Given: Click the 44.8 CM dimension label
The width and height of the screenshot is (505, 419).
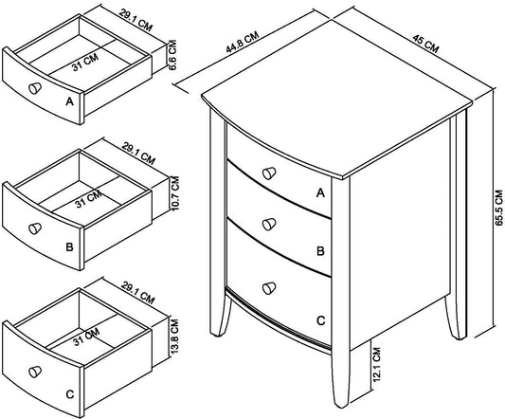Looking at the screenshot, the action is click(243, 42).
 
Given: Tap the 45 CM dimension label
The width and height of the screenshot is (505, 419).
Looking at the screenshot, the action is click(425, 44).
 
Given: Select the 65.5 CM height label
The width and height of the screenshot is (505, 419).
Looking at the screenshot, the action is click(499, 208).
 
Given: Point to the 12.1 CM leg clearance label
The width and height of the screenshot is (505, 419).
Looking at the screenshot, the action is click(376, 364).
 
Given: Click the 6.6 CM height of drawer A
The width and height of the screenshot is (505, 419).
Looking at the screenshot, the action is click(172, 55).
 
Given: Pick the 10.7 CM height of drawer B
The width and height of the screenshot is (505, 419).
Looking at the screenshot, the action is click(175, 193).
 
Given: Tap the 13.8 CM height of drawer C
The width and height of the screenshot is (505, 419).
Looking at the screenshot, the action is click(174, 337).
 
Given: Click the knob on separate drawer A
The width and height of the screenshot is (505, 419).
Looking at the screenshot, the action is click(35, 87).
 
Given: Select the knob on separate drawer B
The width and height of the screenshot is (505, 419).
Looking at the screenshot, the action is click(35, 228).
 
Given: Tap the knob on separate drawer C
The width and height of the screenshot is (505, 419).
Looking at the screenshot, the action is click(35, 372).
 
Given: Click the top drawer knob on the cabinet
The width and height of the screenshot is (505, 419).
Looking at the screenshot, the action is click(269, 173).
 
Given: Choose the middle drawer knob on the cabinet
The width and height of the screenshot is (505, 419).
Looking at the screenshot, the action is click(269, 224).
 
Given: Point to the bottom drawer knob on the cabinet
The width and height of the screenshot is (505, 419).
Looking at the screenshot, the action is click(269, 288).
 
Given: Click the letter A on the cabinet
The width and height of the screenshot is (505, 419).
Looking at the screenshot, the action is click(320, 192).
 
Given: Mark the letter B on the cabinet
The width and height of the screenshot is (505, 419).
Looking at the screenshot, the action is click(320, 251).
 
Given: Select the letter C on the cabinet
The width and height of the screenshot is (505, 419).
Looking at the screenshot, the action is click(321, 320).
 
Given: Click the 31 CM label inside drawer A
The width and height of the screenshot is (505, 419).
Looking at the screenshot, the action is click(85, 63).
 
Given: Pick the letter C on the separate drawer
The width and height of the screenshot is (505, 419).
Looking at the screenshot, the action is click(70, 394).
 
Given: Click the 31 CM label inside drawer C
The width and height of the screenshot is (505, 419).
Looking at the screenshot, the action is click(86, 337).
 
